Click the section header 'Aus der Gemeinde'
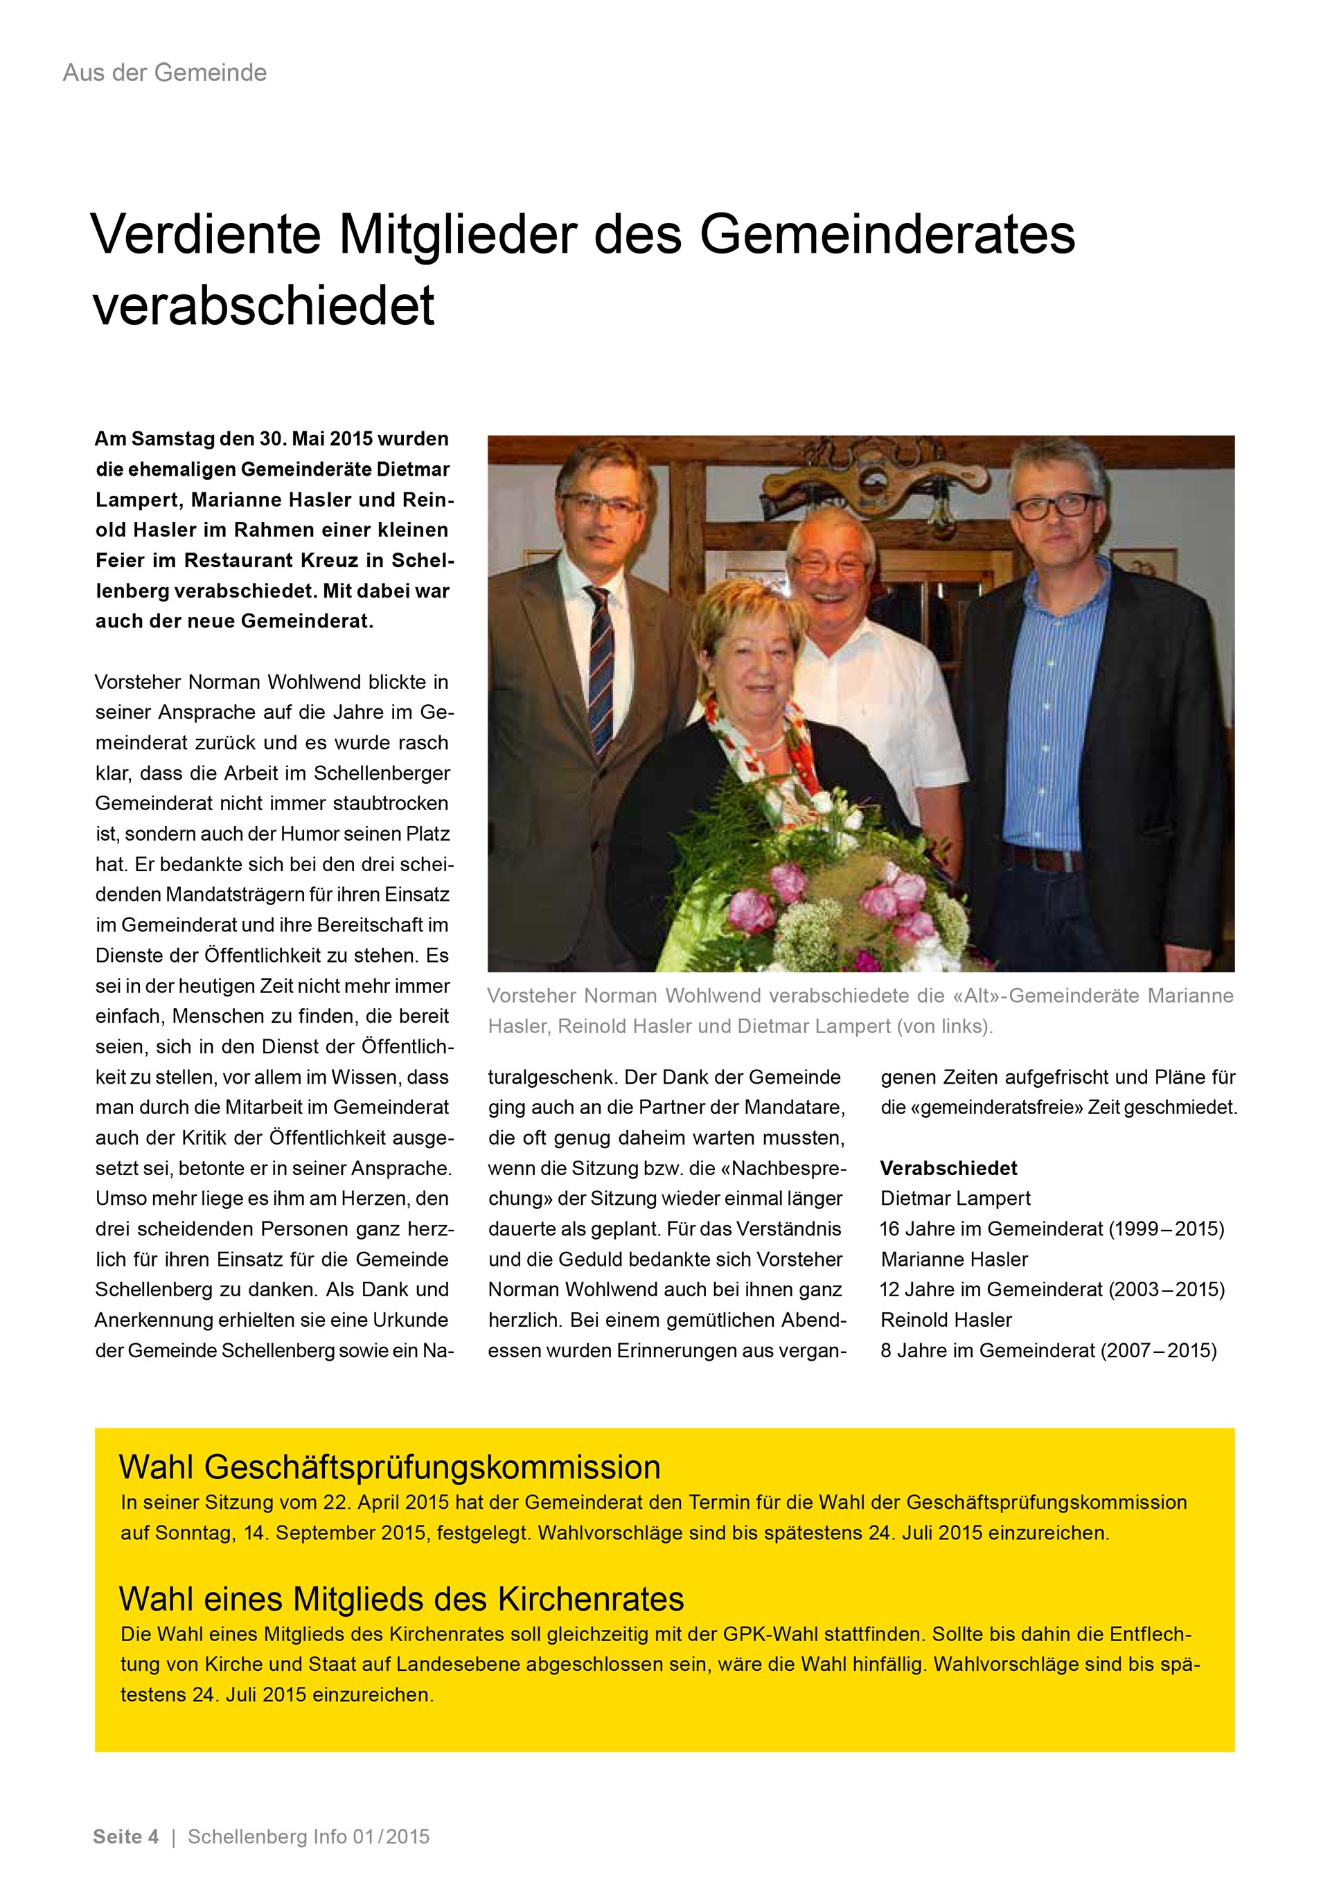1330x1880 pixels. (x=165, y=73)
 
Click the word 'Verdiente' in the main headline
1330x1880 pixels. (x=206, y=235)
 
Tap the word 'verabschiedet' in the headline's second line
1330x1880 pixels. (x=264, y=306)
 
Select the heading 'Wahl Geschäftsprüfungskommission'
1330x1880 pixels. (x=390, y=1467)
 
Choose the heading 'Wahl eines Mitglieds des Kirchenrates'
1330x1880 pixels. (x=401, y=1598)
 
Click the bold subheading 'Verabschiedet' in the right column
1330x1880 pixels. (x=948, y=1167)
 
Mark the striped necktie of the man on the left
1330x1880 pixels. (x=601, y=663)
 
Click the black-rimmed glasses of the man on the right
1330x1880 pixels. (x=1056, y=506)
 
